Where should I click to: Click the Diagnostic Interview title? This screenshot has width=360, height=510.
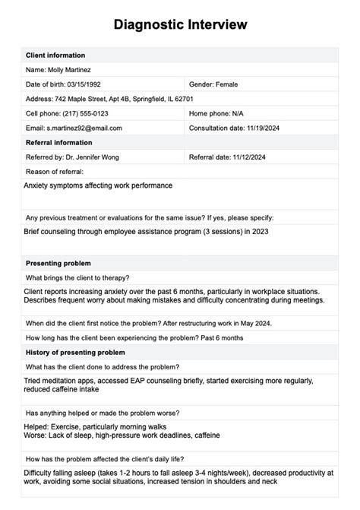click(180, 25)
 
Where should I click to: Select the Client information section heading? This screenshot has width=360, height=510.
click(55, 55)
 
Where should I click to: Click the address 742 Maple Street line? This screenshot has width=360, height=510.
click(109, 99)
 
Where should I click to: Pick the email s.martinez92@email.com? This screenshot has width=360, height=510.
click(84, 128)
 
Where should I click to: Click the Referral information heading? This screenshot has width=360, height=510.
click(58, 142)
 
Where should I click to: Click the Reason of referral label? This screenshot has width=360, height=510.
click(53, 172)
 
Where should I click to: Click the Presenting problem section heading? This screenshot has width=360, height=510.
click(59, 262)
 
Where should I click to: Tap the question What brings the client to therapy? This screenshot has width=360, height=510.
click(77, 277)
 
